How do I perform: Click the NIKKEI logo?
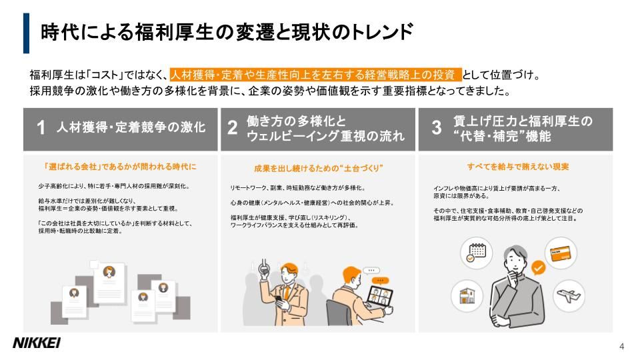click(37, 343)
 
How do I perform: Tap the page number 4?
click(621, 347)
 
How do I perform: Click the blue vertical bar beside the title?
click(26, 33)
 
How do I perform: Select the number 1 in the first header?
click(41, 127)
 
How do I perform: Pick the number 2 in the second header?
click(232, 128)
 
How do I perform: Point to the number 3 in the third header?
click(436, 128)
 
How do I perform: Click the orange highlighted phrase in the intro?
click(315, 75)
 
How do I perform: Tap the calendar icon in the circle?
click(476, 253)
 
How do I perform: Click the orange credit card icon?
click(561, 253)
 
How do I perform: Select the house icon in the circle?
click(467, 296)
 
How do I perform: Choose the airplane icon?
click(569, 295)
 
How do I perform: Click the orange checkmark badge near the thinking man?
click(539, 268)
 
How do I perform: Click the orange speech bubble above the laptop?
click(380, 281)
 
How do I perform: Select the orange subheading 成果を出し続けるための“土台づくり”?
click(319, 168)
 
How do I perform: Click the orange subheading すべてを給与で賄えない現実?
click(517, 167)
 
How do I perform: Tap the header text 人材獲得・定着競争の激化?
click(131, 127)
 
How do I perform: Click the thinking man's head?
click(516, 259)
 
